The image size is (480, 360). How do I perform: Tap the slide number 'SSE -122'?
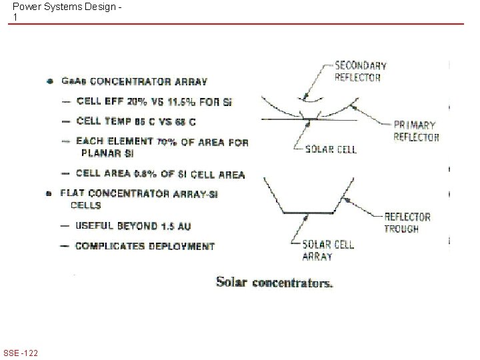coord(20,352)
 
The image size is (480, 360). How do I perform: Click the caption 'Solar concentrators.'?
coord(275,283)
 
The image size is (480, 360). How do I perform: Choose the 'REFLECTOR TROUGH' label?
coord(407,223)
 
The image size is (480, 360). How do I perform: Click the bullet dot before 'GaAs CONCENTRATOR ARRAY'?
coord(50,82)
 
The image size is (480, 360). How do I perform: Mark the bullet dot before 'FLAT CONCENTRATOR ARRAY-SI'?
coord(50,193)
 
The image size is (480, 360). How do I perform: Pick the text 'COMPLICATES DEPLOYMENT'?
coord(145,246)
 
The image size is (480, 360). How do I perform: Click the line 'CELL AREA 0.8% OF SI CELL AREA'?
coord(160,174)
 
